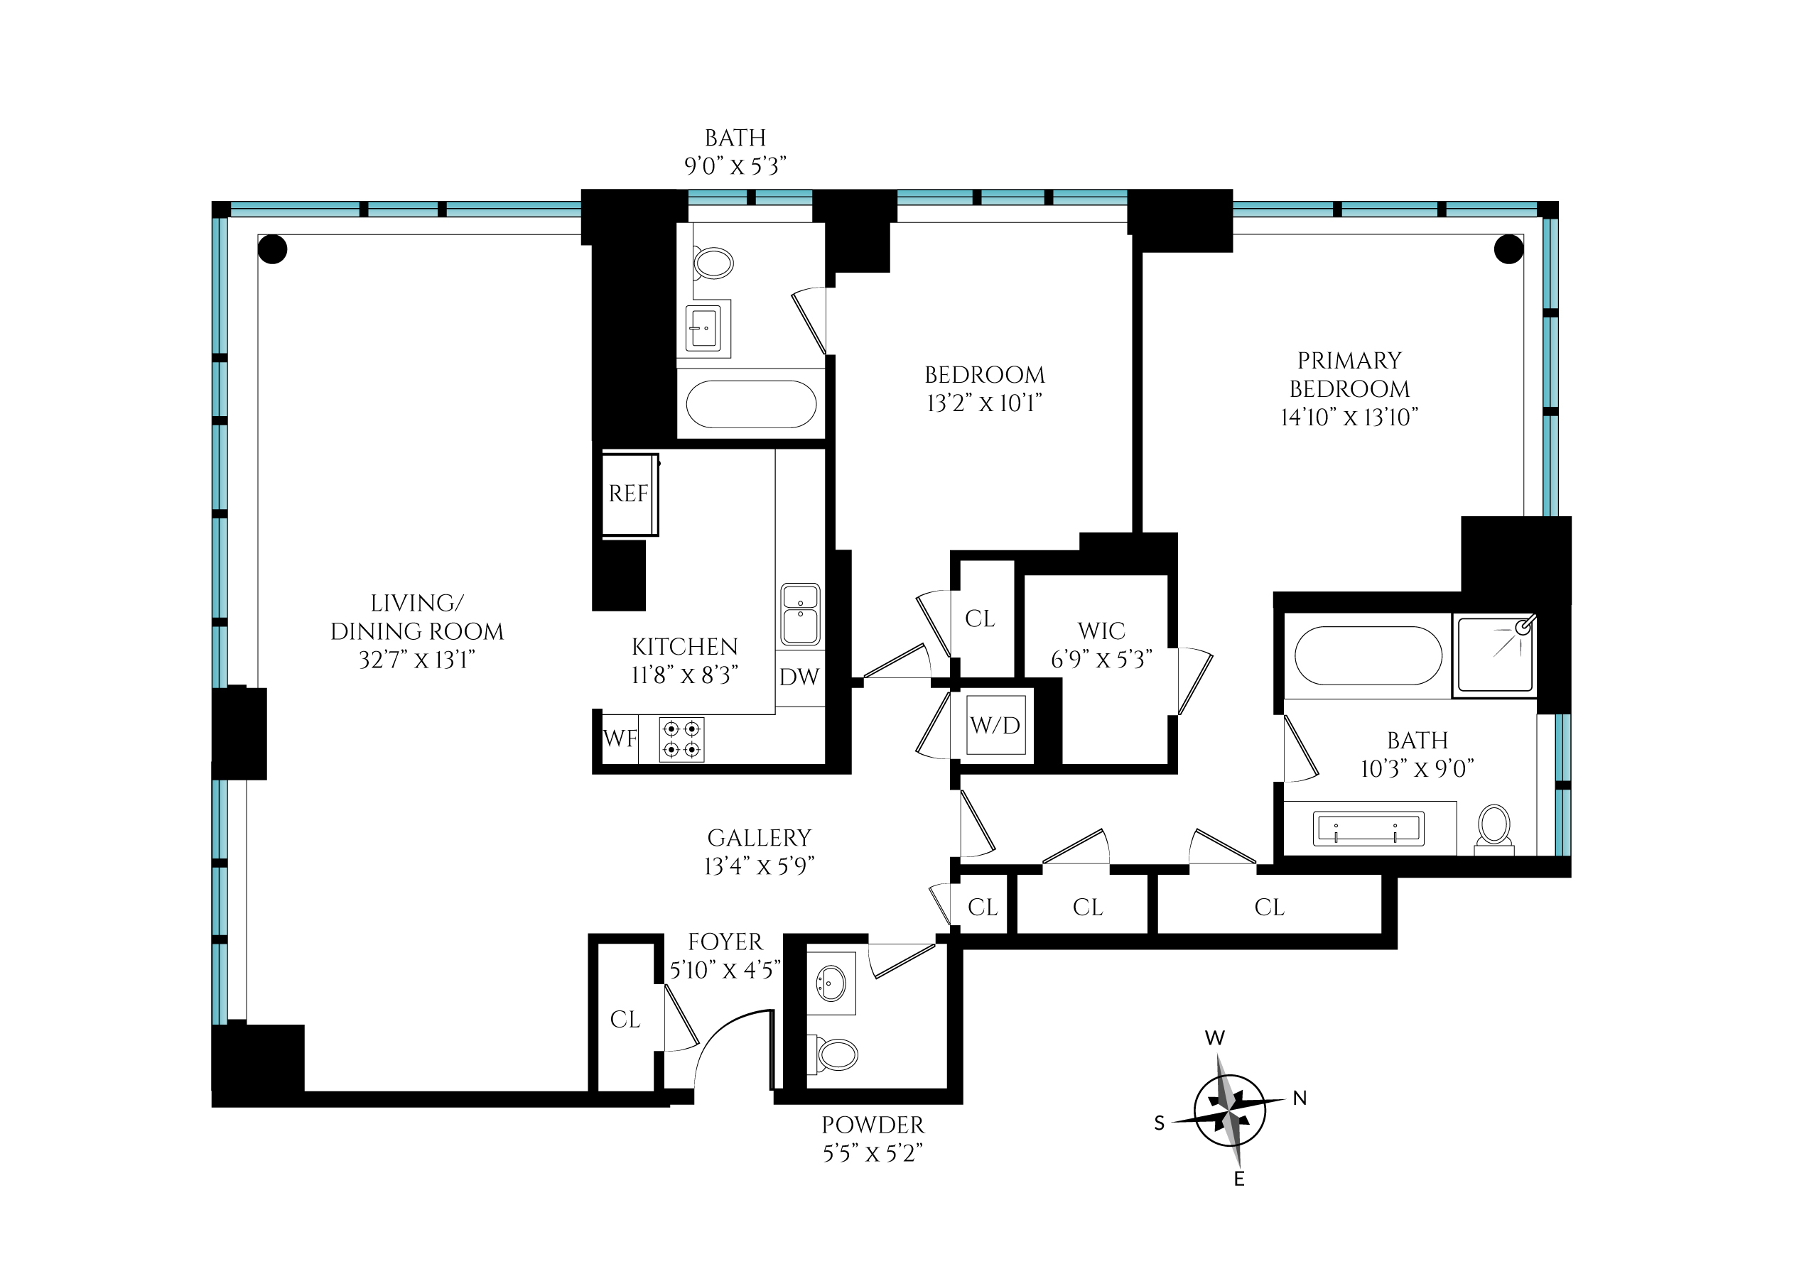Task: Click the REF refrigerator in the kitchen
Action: tap(629, 494)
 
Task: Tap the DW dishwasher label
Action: tap(799, 677)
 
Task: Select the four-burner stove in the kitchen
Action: tap(681, 739)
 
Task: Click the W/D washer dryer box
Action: tap(995, 725)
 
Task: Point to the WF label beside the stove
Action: tap(620, 738)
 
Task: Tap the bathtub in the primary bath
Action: tap(1368, 655)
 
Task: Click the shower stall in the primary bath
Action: tap(1496, 655)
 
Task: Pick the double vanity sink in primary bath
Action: tap(1368, 829)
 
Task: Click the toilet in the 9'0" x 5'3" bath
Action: tap(713, 263)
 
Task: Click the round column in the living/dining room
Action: tap(273, 250)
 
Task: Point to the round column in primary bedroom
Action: tap(1508, 250)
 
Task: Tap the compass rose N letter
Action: tap(1300, 1098)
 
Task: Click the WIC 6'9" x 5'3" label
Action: tap(1101, 645)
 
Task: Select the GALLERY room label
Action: tap(759, 839)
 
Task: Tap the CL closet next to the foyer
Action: tap(625, 1020)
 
